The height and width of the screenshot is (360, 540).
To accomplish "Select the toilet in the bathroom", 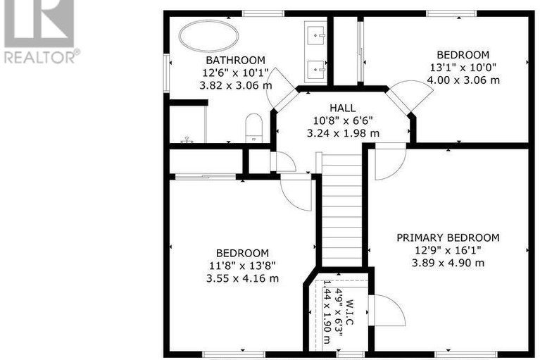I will pos(253,128).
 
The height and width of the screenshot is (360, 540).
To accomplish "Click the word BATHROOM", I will pos(234,61).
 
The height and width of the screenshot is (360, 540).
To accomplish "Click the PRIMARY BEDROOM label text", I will pos(447,238).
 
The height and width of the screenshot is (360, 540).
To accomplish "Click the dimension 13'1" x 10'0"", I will pos(462,68).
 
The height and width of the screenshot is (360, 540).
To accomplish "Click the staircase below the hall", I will pos(341,211).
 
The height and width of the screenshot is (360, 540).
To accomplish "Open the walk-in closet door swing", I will pos(387,310).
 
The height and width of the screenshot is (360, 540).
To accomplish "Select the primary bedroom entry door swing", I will pos(389,161).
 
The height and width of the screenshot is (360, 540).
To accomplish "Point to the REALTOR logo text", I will pos(42,56).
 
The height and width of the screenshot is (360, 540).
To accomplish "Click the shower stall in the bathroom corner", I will pos(187,123).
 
